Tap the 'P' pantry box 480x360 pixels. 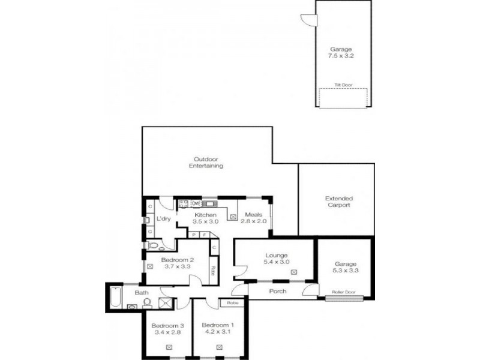click(194, 235)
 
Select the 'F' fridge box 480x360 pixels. click(205, 235)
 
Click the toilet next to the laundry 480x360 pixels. click(152, 246)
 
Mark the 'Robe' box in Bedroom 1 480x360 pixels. click(232, 303)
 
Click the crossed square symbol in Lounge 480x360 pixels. click(294, 272)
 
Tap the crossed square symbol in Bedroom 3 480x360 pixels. click(169, 347)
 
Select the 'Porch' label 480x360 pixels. click(277, 292)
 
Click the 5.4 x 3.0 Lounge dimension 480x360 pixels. click(277, 262)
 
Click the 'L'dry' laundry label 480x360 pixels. click(164, 219)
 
